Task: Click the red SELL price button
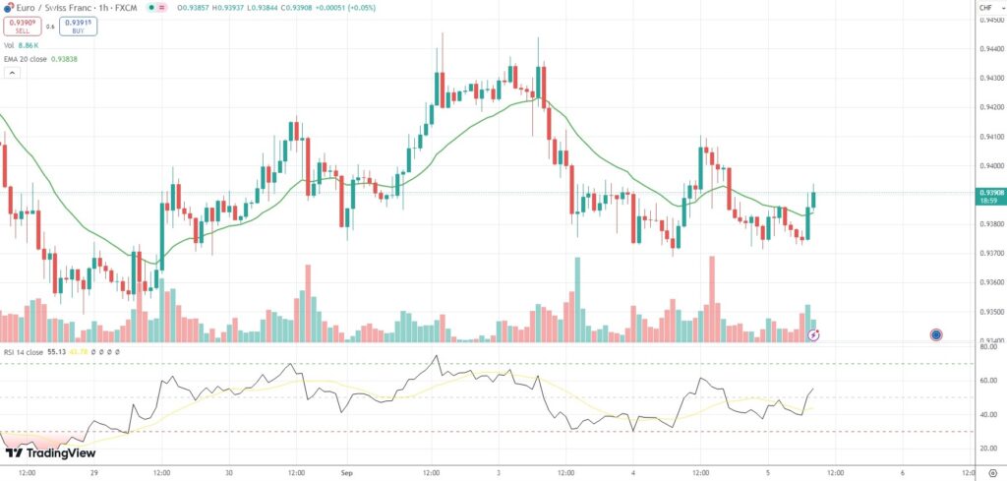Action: point(22,25)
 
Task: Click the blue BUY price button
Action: point(79,25)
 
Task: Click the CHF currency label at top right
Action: point(985,8)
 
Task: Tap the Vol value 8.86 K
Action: point(29,45)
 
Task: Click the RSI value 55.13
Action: point(55,351)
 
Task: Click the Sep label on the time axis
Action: point(345,472)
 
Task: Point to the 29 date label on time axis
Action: point(93,472)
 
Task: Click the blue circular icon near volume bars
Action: point(935,334)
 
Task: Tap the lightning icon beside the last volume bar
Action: point(814,335)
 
